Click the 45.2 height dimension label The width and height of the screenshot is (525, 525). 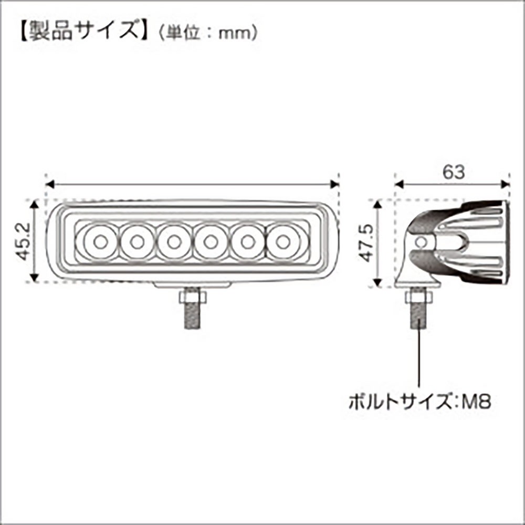24,241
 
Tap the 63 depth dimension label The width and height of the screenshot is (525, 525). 454,172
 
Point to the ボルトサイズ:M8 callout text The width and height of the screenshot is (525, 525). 420,401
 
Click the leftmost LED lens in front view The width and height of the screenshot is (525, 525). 100,241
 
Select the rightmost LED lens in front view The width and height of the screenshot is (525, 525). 283,241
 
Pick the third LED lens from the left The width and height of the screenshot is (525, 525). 173,241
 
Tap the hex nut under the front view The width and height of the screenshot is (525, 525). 193,297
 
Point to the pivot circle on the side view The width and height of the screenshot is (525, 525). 422,241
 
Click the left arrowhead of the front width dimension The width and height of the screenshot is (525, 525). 50,184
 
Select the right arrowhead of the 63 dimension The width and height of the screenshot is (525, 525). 505,184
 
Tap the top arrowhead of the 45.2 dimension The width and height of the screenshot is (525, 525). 34,205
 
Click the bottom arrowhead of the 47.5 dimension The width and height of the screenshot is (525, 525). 377,282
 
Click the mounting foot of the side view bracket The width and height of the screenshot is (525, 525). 417,285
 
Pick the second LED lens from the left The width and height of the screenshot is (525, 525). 137,241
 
